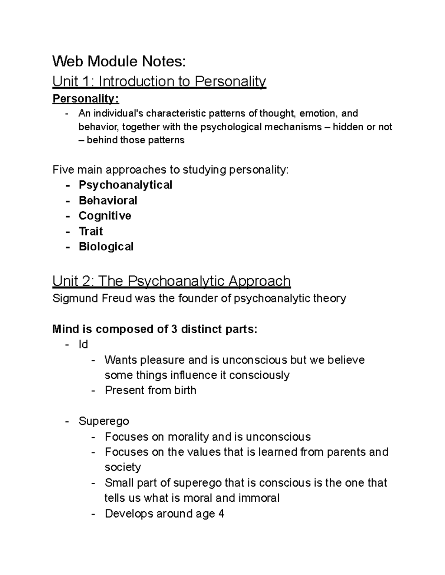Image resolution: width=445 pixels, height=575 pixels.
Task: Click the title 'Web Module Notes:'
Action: point(119,61)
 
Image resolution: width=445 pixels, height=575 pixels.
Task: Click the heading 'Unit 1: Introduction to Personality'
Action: point(159,81)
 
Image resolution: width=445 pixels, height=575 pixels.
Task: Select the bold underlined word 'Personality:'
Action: point(86,99)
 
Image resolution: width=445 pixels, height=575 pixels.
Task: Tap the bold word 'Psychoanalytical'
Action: point(125,185)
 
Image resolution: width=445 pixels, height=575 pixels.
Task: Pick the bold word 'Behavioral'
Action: point(108,200)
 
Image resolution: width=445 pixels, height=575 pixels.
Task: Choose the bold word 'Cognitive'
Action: point(105,216)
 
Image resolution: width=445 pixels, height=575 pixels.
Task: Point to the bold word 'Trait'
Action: point(91,231)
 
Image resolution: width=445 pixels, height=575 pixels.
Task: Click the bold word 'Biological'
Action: point(106,247)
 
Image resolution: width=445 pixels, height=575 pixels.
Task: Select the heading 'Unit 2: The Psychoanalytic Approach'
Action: point(171,281)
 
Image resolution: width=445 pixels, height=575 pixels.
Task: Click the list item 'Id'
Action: point(83,345)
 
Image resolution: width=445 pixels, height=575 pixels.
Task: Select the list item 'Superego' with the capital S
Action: point(104,421)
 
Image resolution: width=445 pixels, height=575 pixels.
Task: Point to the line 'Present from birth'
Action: point(151,390)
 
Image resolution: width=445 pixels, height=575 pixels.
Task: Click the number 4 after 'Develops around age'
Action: point(221,514)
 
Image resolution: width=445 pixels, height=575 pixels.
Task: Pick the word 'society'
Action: point(123,467)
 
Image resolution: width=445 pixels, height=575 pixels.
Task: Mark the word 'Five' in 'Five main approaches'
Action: point(63,170)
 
